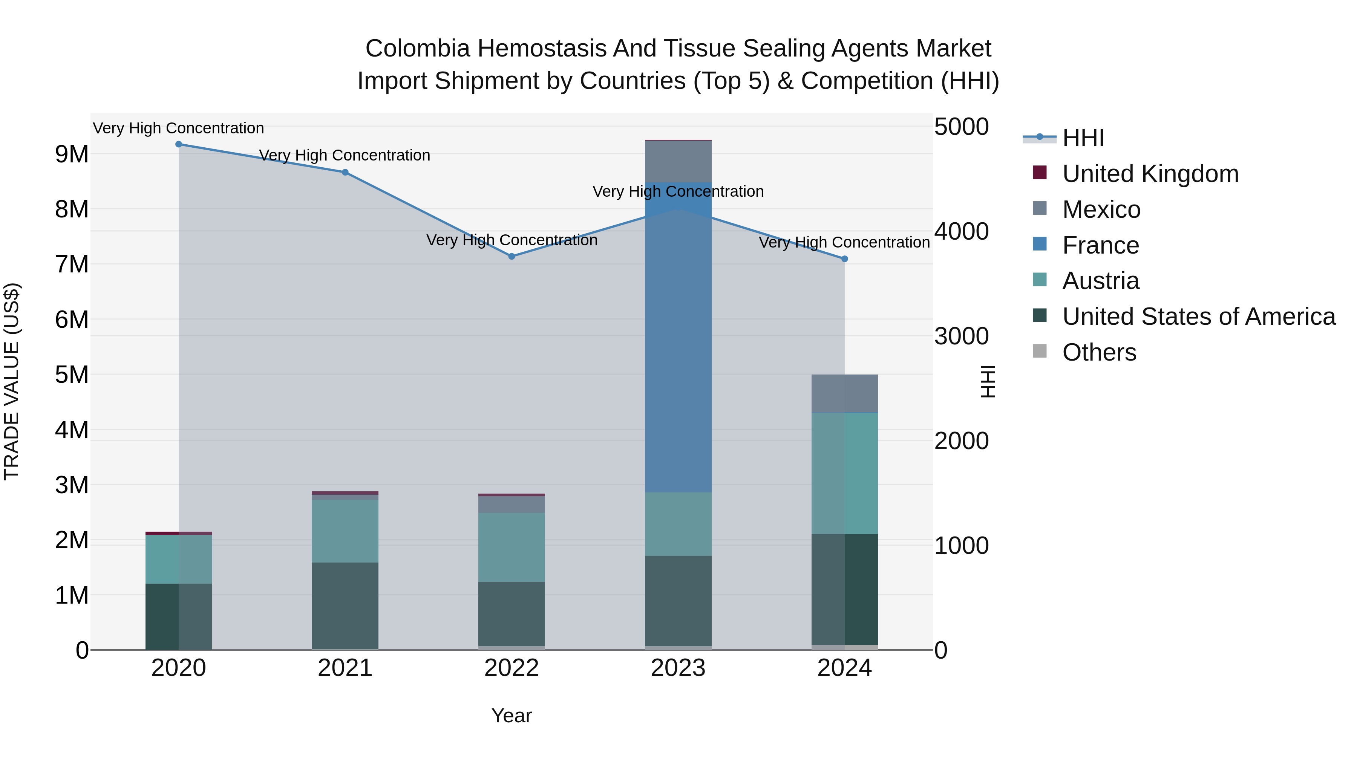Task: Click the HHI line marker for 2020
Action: point(179,144)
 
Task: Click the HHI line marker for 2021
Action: point(345,172)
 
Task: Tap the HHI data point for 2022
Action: point(512,257)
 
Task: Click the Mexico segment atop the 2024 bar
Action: point(844,393)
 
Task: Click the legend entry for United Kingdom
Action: point(1150,174)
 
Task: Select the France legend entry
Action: point(1100,245)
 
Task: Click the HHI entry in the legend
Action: point(1083,138)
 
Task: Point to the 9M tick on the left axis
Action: point(72,154)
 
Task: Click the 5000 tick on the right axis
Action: point(961,127)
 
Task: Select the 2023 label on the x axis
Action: point(678,668)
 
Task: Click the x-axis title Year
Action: point(512,716)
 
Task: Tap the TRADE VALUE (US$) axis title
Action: point(12,381)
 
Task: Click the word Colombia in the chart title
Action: point(417,49)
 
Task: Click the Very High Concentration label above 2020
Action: point(179,128)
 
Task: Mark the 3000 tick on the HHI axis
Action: point(961,336)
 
